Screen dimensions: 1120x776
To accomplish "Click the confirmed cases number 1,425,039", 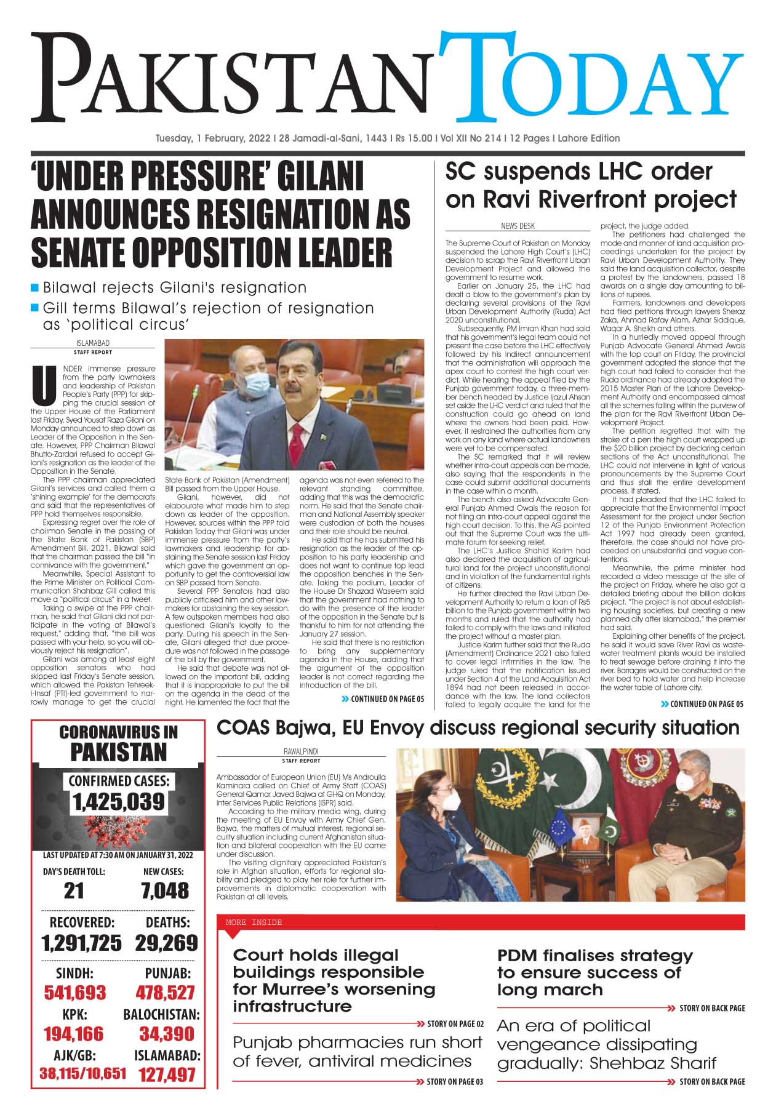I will coord(119,801).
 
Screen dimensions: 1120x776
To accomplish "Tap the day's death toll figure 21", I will coord(74,890).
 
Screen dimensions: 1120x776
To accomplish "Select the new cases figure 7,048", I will coord(165,890).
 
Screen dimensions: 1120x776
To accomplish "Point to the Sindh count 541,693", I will coord(74,993).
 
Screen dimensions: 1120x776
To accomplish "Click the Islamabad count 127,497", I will coord(167,1074).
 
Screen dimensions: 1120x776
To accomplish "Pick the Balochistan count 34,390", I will coord(166,1033).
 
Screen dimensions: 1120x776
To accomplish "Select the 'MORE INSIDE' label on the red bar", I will coord(254,922).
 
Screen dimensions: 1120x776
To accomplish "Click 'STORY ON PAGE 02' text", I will coord(455,1024).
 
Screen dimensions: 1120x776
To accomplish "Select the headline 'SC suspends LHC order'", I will coord(578,172).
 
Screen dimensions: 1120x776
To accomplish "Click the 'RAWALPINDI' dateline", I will coord(302,752).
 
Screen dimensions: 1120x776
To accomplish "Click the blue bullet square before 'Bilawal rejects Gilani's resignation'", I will coord(36,287).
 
